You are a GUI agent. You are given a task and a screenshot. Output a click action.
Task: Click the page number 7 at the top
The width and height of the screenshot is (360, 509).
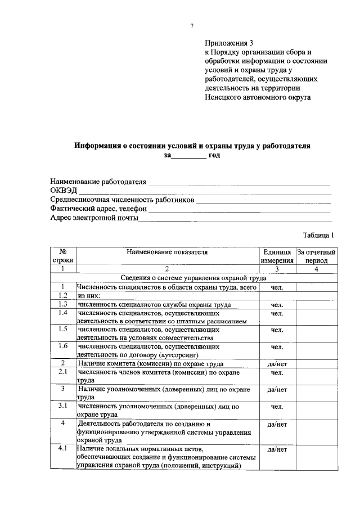(x=192, y=26)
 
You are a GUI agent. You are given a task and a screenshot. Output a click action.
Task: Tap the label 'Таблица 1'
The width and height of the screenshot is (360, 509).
(x=318, y=236)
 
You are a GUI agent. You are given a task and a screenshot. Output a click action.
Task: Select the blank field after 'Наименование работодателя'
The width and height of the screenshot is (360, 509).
(x=238, y=183)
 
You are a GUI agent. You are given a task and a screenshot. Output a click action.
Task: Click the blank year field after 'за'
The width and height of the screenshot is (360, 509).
(x=188, y=155)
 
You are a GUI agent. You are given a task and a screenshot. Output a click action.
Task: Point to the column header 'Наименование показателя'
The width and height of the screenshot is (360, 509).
(x=167, y=252)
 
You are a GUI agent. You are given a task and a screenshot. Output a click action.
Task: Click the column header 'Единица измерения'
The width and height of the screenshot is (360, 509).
(x=277, y=256)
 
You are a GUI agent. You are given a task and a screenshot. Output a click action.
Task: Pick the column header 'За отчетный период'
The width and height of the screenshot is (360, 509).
(x=317, y=256)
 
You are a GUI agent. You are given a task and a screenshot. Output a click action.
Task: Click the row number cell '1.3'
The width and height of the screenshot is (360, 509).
(x=63, y=304)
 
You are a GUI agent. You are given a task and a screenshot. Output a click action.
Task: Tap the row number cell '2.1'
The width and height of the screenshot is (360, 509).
(x=63, y=372)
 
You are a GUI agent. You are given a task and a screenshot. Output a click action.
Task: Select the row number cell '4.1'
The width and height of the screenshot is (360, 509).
(x=63, y=449)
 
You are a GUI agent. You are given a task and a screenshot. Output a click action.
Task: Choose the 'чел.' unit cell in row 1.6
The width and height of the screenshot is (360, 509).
(x=277, y=347)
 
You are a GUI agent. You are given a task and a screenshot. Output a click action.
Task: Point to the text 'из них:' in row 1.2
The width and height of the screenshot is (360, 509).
(x=89, y=296)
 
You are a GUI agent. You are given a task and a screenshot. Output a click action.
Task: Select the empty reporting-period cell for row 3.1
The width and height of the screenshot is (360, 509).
(x=317, y=409)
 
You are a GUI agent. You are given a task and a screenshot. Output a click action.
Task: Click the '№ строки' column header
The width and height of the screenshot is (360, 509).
(x=63, y=256)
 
